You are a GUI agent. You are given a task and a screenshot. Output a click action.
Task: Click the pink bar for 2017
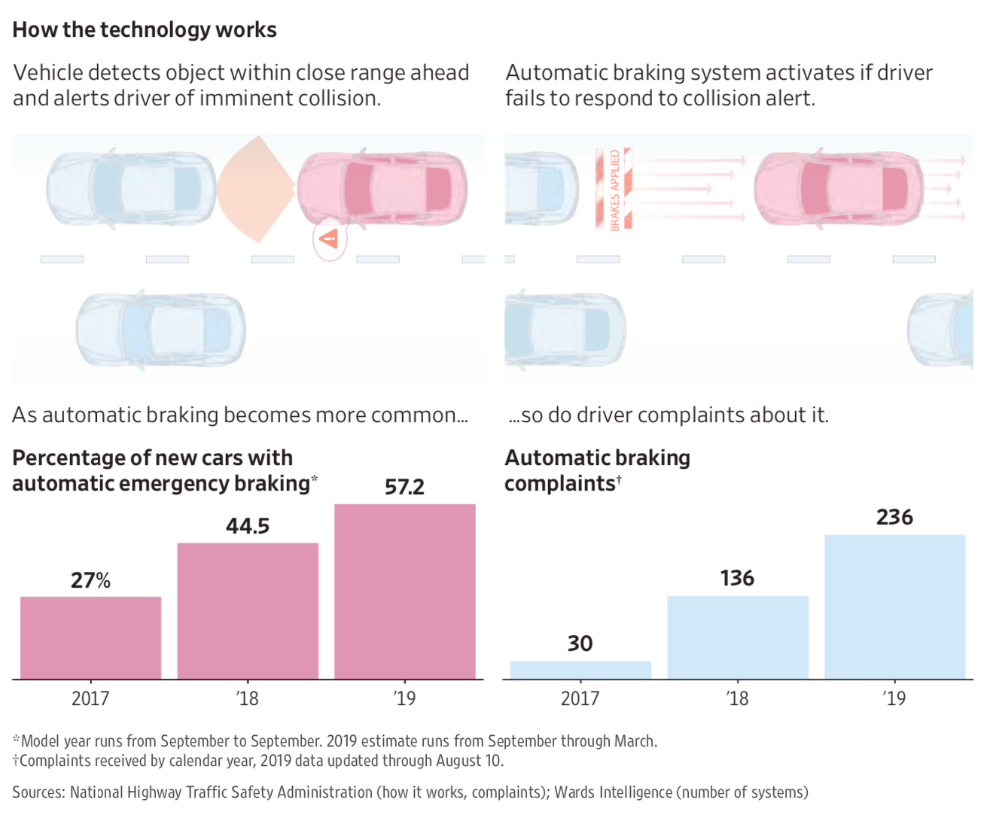(x=90, y=638)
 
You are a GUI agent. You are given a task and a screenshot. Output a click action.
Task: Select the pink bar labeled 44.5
(x=248, y=611)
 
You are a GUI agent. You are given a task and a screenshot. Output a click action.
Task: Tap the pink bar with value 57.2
(x=405, y=591)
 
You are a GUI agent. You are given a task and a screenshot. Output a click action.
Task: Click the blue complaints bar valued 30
(x=580, y=670)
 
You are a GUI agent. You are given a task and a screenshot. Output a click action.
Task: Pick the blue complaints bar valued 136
(x=738, y=638)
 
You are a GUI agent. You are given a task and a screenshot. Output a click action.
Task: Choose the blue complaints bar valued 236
(x=894, y=607)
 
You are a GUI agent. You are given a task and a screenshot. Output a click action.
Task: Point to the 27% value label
(x=90, y=580)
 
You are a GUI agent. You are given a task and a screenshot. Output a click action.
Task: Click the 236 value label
(x=894, y=517)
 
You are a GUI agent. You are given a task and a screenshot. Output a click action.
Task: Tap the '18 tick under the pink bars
(x=247, y=699)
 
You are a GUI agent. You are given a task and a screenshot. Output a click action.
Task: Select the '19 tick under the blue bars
(x=894, y=699)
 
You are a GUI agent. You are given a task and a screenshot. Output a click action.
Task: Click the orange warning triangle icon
(x=329, y=240)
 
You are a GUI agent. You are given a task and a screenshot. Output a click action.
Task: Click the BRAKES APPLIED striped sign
(x=614, y=189)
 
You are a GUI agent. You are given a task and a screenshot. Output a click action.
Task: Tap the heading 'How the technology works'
(x=145, y=29)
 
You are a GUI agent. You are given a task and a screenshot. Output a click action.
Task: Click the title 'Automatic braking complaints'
(x=597, y=470)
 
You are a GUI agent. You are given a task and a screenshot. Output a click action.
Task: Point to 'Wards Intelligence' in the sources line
(x=613, y=792)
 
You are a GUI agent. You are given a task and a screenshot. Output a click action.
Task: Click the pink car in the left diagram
(x=382, y=188)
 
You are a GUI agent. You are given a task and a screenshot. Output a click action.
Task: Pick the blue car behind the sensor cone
(x=131, y=188)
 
